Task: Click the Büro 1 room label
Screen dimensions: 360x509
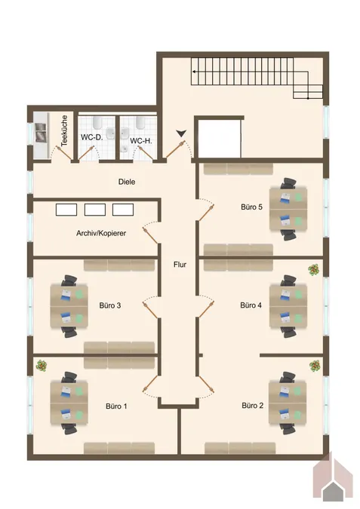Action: [x=116, y=406]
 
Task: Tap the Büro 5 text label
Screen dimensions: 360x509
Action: [x=251, y=207]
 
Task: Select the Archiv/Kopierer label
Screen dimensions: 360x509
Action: [x=101, y=233]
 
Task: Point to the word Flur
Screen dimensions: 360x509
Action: [x=180, y=265]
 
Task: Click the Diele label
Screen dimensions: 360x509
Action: [x=127, y=182]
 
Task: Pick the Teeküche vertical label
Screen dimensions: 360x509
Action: [x=64, y=130]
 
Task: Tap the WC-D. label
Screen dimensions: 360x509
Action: [x=91, y=137]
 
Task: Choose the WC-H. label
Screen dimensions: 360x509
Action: [x=141, y=141]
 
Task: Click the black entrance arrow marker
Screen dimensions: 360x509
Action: [x=181, y=133]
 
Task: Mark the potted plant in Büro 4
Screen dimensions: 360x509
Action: [x=313, y=270]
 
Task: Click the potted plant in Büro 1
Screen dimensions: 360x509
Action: [x=42, y=366]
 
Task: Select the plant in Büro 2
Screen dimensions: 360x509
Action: [x=315, y=366]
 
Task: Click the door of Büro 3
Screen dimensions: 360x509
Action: [x=150, y=310]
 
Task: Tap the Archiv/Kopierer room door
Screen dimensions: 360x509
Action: [x=150, y=235]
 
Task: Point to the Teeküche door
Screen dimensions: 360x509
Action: [x=63, y=152]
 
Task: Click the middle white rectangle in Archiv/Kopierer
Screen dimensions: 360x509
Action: [x=95, y=210]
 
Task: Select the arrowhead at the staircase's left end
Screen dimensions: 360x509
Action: [x=194, y=72]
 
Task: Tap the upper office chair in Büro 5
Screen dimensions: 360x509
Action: [x=288, y=183]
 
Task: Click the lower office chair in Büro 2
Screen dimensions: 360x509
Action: [x=288, y=429]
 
